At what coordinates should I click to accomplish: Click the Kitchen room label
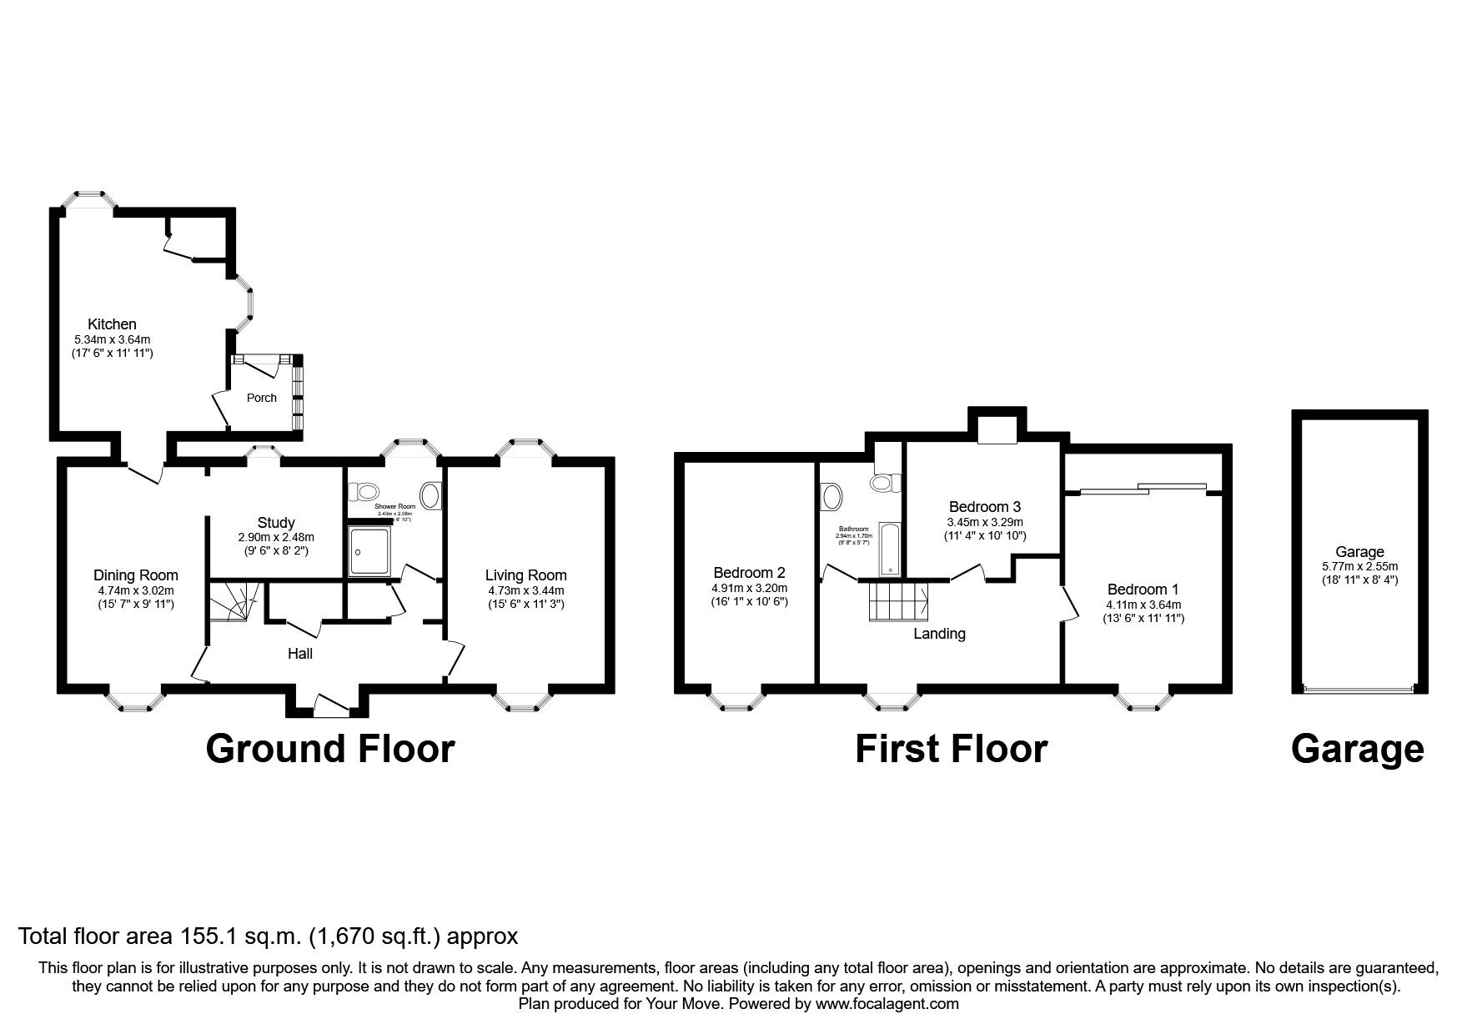click(x=113, y=324)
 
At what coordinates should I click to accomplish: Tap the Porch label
click(x=261, y=398)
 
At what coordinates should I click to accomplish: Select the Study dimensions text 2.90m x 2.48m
click(x=276, y=538)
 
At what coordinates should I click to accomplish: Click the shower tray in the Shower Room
click(x=369, y=550)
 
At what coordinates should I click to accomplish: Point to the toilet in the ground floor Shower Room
click(x=364, y=491)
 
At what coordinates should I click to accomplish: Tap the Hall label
click(x=300, y=654)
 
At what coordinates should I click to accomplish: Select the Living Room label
click(x=526, y=575)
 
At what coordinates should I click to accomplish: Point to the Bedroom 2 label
click(x=749, y=573)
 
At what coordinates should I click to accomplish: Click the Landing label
click(x=939, y=634)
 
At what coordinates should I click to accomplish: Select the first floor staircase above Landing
click(x=900, y=601)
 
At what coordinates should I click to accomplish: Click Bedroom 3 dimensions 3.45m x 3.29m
click(x=985, y=522)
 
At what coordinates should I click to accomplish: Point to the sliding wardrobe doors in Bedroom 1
click(x=1143, y=488)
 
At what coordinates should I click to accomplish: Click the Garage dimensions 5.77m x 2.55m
click(x=1359, y=566)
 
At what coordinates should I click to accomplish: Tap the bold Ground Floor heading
click(x=330, y=749)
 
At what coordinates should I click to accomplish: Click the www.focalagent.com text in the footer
click(x=887, y=1004)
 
